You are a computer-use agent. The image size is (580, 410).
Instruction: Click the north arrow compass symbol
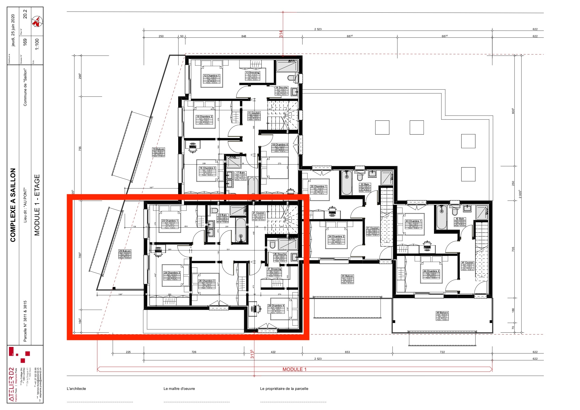click(37, 22)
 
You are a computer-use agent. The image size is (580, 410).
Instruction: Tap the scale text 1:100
click(37, 44)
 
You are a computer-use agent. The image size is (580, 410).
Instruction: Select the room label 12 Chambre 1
click(211, 76)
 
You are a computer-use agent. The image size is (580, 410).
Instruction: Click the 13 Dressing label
click(252, 72)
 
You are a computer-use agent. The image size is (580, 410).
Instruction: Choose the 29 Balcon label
click(125, 251)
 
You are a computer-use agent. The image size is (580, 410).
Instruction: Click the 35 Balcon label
click(347, 276)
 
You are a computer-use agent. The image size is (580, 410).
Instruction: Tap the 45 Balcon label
click(442, 313)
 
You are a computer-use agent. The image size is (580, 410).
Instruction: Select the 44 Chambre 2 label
click(431, 271)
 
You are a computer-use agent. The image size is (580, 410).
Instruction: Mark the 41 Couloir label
click(468, 263)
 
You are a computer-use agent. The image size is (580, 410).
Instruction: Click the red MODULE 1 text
click(294, 369)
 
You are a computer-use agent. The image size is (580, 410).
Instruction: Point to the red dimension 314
click(281, 34)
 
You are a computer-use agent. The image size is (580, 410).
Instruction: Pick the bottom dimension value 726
click(194, 352)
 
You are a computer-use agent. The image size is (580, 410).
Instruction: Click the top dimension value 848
click(244, 36)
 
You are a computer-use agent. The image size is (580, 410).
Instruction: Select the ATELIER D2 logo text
click(12, 384)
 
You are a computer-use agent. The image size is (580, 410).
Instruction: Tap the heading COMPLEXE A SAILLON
click(13, 205)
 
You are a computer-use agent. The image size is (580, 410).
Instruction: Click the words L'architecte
click(76, 389)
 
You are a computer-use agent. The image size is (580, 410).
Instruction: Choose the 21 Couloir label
click(259, 213)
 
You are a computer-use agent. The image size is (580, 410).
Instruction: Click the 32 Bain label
click(365, 184)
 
